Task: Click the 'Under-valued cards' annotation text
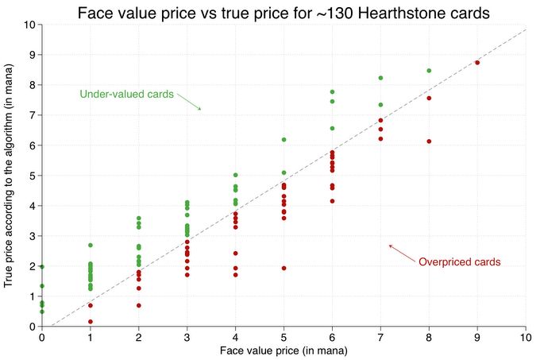(x=126, y=95)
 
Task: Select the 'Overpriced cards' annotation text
(x=459, y=262)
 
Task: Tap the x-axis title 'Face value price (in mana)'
(x=283, y=350)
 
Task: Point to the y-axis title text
(x=9, y=175)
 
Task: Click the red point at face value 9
(x=477, y=62)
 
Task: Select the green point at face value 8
(x=429, y=71)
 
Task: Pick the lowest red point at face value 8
(x=429, y=141)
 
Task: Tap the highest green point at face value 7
(x=380, y=78)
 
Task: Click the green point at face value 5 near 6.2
(x=283, y=140)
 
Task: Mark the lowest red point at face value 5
(x=283, y=268)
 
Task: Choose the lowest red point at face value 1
(x=91, y=322)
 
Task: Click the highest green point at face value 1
(x=91, y=246)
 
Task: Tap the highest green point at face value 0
(x=42, y=267)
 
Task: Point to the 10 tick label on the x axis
(x=526, y=337)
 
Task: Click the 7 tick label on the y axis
(x=30, y=115)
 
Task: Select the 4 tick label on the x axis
(x=235, y=337)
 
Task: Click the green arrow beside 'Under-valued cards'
(x=189, y=101)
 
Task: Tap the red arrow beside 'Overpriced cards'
(x=401, y=252)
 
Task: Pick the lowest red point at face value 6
(x=332, y=201)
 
